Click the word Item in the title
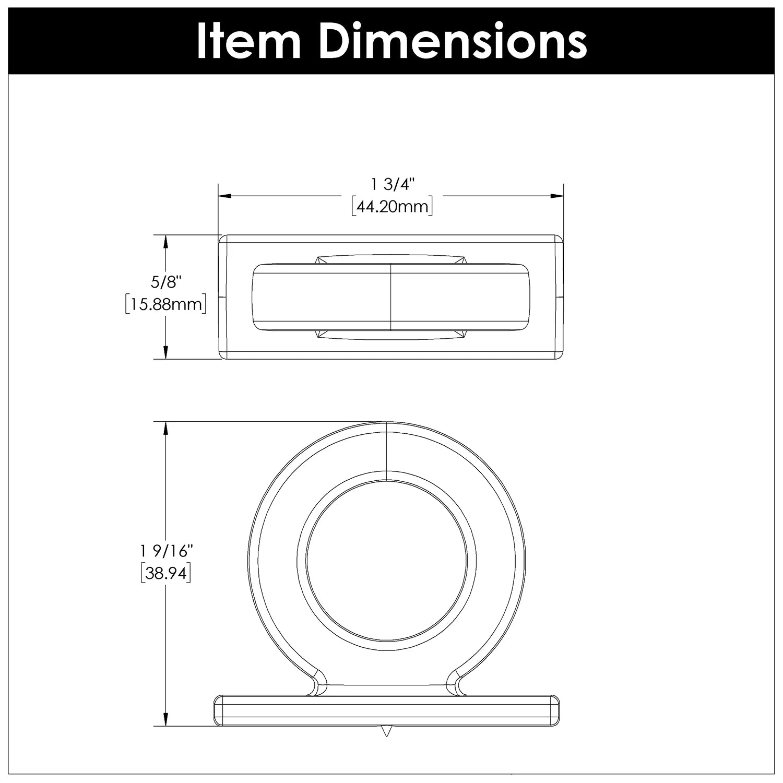(x=248, y=40)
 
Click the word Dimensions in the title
(x=452, y=40)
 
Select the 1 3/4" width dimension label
(x=392, y=184)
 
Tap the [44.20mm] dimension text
(x=392, y=207)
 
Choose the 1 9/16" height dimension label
(x=165, y=551)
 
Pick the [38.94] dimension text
(x=165, y=573)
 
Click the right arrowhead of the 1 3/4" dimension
(x=558, y=196)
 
